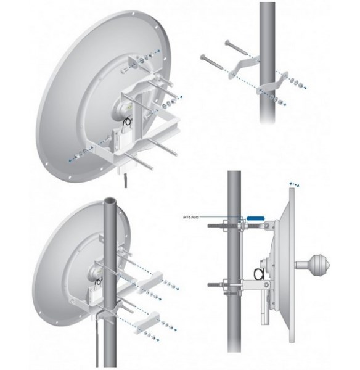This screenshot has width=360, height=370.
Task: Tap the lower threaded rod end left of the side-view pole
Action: click(215, 286)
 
